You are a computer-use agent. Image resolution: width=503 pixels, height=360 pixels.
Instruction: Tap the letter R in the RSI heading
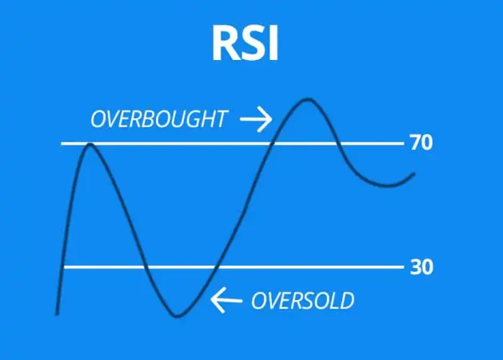(x=225, y=44)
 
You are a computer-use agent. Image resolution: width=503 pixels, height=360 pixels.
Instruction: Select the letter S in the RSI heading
(x=251, y=44)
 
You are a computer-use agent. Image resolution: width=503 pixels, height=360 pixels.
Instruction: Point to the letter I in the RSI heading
(x=272, y=44)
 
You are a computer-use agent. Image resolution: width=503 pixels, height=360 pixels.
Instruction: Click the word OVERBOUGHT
(x=158, y=120)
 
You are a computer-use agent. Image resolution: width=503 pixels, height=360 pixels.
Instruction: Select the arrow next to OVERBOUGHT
(x=256, y=120)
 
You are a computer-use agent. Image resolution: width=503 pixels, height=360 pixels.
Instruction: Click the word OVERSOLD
(x=302, y=301)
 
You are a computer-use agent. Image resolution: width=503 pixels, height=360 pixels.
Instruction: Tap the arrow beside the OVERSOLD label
(x=226, y=301)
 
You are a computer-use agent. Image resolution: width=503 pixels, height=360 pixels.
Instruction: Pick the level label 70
(x=421, y=144)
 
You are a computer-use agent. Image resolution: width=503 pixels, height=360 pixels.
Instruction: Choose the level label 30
(x=421, y=267)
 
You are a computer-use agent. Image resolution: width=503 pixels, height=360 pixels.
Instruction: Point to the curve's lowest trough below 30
(x=179, y=314)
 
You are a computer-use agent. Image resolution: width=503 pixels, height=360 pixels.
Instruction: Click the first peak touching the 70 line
(x=88, y=145)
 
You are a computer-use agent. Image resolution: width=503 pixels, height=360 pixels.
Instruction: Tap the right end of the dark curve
(x=414, y=174)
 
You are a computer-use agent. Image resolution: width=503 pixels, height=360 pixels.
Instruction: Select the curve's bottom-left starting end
(x=58, y=313)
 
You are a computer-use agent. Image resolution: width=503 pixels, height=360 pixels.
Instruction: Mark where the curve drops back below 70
(x=338, y=144)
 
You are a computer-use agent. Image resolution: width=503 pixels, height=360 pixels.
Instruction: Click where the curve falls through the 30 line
(x=145, y=267)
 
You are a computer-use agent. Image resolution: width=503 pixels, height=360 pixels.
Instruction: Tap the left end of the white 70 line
(x=63, y=144)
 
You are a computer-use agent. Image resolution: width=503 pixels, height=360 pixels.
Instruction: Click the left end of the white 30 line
(x=65, y=267)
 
